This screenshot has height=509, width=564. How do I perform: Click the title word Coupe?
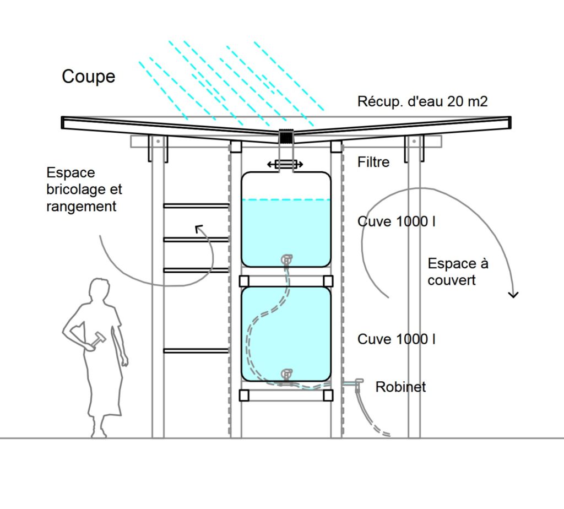point(88,76)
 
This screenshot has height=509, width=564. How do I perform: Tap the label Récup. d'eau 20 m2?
point(422,101)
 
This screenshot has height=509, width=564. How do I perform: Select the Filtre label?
point(373,162)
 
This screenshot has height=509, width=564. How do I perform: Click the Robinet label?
point(400,387)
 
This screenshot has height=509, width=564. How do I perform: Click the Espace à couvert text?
point(458,272)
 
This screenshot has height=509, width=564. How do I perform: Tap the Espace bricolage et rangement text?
point(84,189)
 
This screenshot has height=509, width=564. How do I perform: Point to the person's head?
point(100,291)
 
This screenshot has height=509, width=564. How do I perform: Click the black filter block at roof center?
point(285,137)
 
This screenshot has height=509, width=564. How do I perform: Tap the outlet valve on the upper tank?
point(286,258)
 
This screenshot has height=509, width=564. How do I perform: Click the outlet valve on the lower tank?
point(286,374)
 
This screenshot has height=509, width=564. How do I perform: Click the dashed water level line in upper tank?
point(286,199)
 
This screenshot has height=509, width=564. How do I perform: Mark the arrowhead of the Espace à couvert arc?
point(513,295)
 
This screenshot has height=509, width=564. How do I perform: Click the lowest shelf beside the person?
point(196,350)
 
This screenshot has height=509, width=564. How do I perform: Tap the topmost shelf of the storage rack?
point(196,205)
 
